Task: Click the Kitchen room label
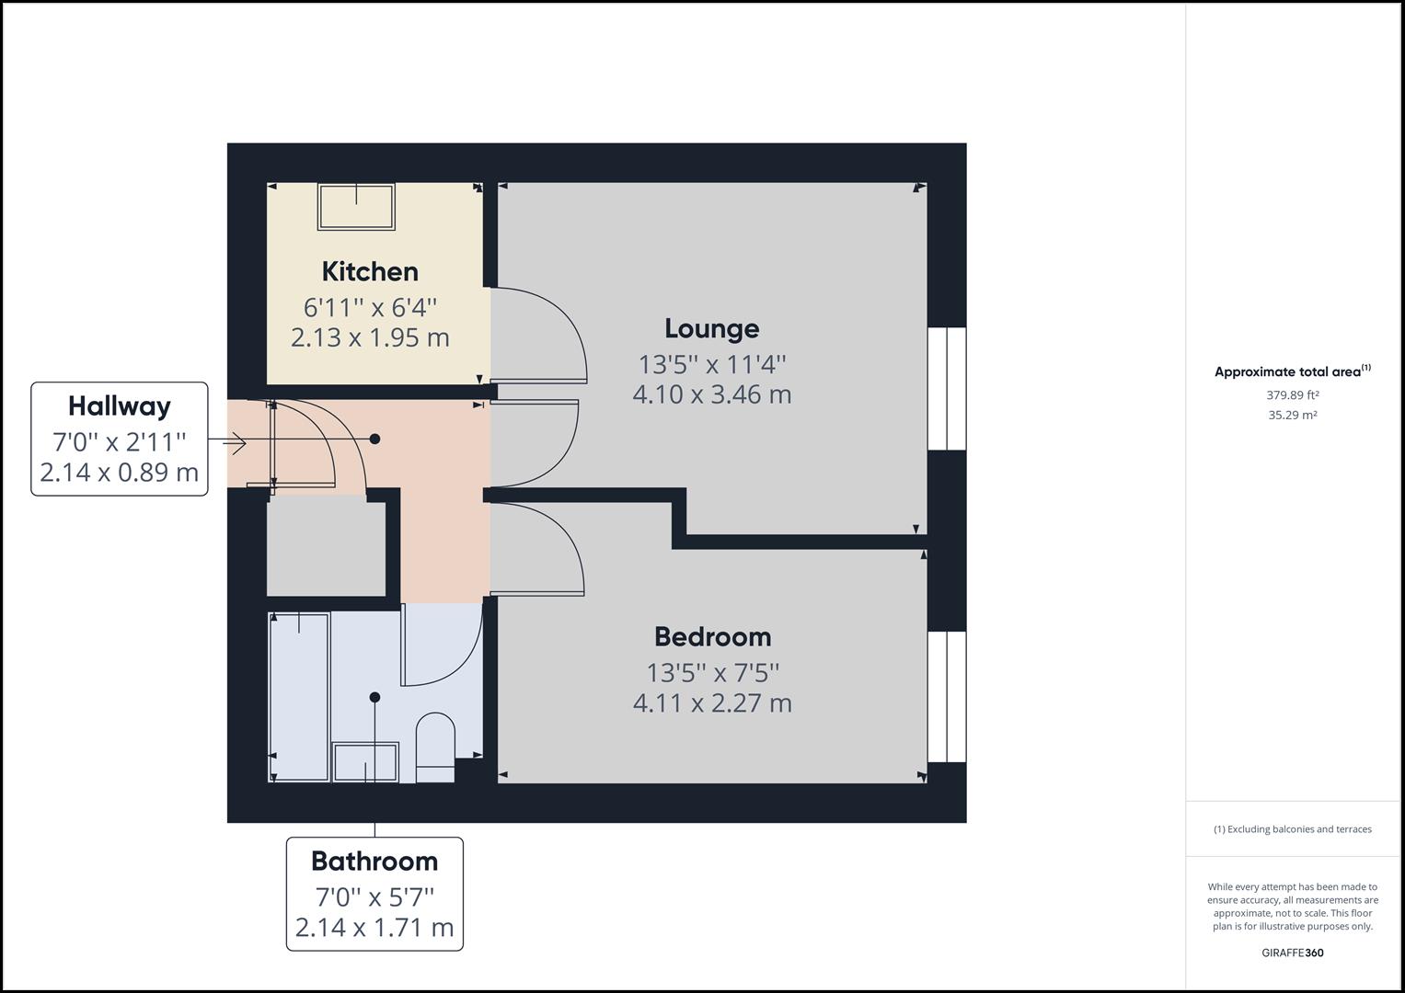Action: pos(370,271)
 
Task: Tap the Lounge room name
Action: pos(711,328)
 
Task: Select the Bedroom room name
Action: pos(712,636)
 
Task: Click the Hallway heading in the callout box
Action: pos(120,405)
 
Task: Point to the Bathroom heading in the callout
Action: pos(374,861)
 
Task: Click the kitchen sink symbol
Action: pos(356,207)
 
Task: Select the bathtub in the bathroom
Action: pos(299,696)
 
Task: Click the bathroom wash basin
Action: pos(365,762)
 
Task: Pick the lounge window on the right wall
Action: pos(946,388)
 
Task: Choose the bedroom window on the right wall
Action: pos(946,696)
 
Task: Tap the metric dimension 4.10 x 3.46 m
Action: pos(711,394)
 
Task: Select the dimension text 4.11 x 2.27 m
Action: pos(712,703)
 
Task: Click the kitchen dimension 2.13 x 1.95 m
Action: pos(370,337)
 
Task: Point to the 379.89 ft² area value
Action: pos(1292,395)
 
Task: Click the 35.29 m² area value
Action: pos(1292,415)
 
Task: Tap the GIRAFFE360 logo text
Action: pos(1292,953)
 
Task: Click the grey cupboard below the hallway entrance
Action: pos(326,546)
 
